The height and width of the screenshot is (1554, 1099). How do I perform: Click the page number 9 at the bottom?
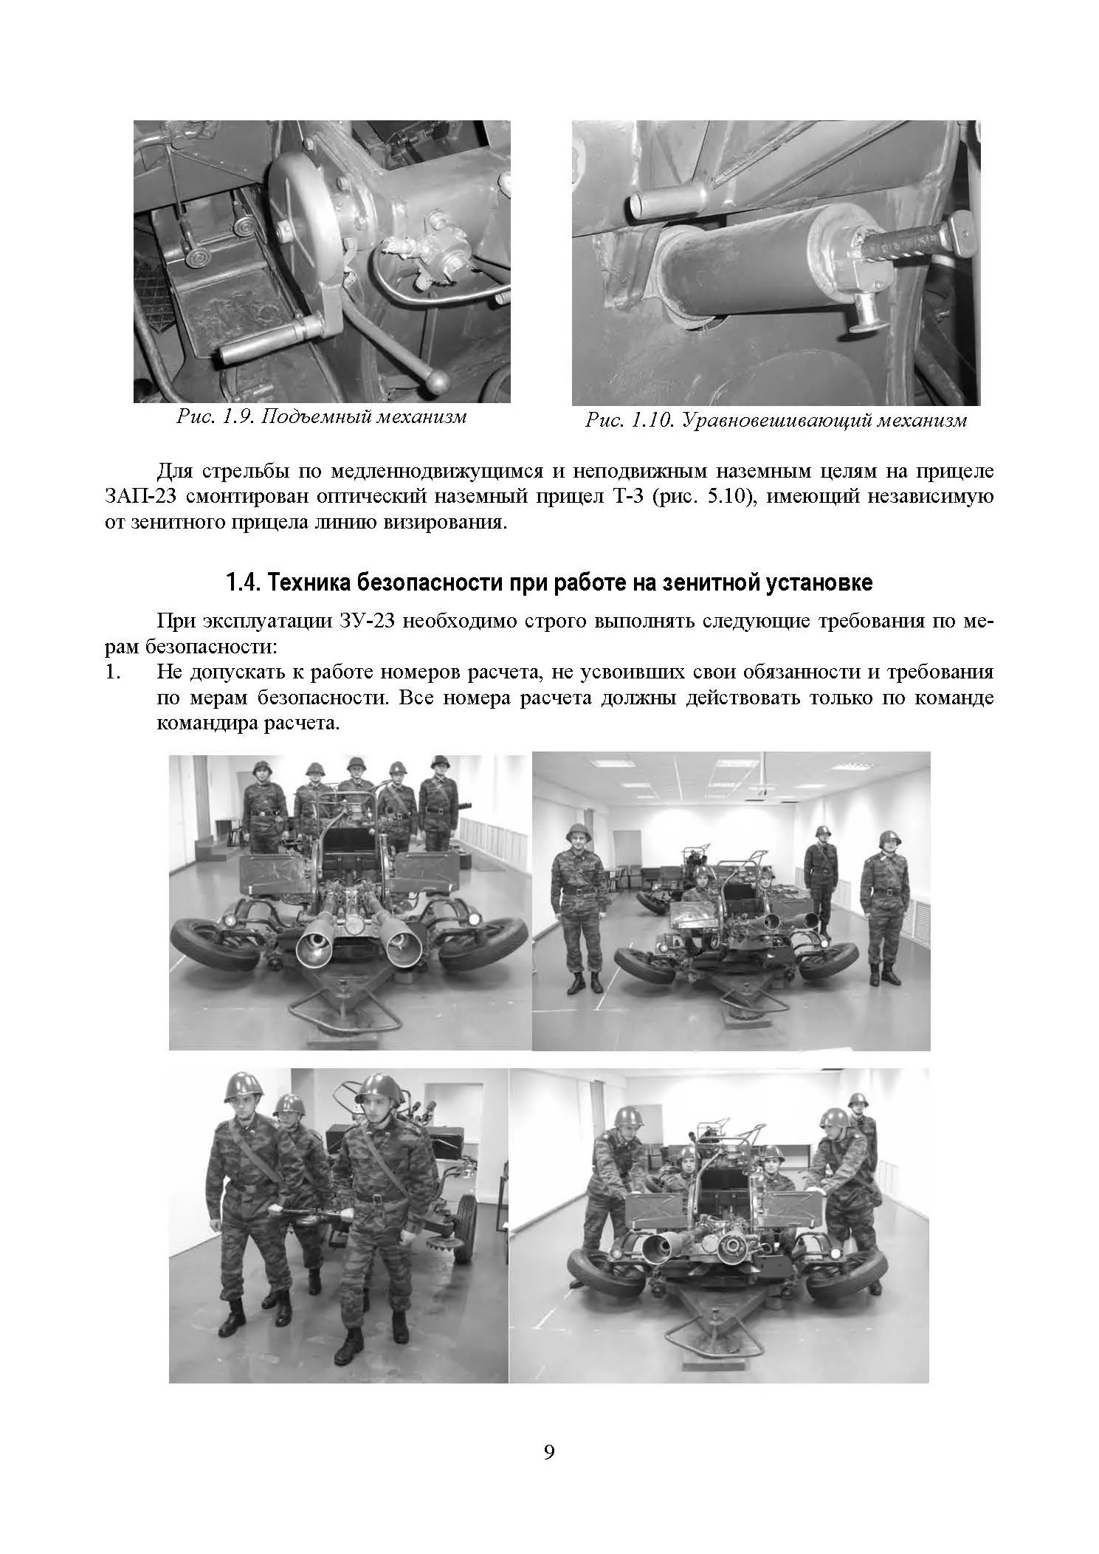tap(549, 1472)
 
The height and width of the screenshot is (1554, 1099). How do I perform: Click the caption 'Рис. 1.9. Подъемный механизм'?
tap(322, 417)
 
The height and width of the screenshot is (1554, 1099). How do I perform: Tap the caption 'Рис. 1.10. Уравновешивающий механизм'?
tap(776, 421)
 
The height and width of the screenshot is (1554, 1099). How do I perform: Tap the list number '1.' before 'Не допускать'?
tap(112, 672)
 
